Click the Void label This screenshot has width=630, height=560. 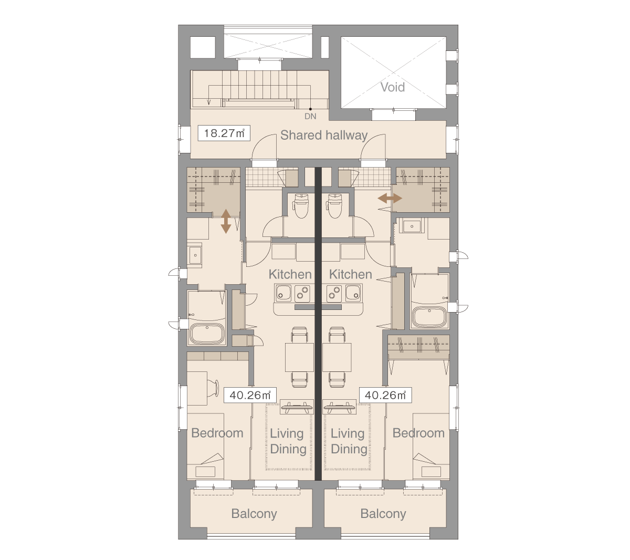coord(393,87)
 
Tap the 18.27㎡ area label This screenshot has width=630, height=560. coord(224,133)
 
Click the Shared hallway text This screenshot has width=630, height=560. coord(324,136)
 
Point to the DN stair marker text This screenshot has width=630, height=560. coord(310,116)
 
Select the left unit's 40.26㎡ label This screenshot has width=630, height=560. coord(250,395)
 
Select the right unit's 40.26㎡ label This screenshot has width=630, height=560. coord(385,395)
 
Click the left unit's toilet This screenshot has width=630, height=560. coord(301,205)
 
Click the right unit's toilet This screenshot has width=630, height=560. coord(334,205)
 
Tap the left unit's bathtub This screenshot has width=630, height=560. coord(207,334)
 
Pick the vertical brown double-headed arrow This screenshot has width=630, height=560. coord(226,221)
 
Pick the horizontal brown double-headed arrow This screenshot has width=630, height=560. coord(390,198)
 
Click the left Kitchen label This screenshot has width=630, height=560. coord(290,274)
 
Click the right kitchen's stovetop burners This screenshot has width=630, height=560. coord(334,293)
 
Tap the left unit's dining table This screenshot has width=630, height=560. coord(299,357)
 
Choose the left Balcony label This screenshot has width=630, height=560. coord(254,514)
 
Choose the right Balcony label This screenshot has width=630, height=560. coord(383,514)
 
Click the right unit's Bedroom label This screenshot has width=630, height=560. coord(418,433)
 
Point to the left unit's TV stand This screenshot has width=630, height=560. coord(296,407)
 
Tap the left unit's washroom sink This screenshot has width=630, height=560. coord(195,255)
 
